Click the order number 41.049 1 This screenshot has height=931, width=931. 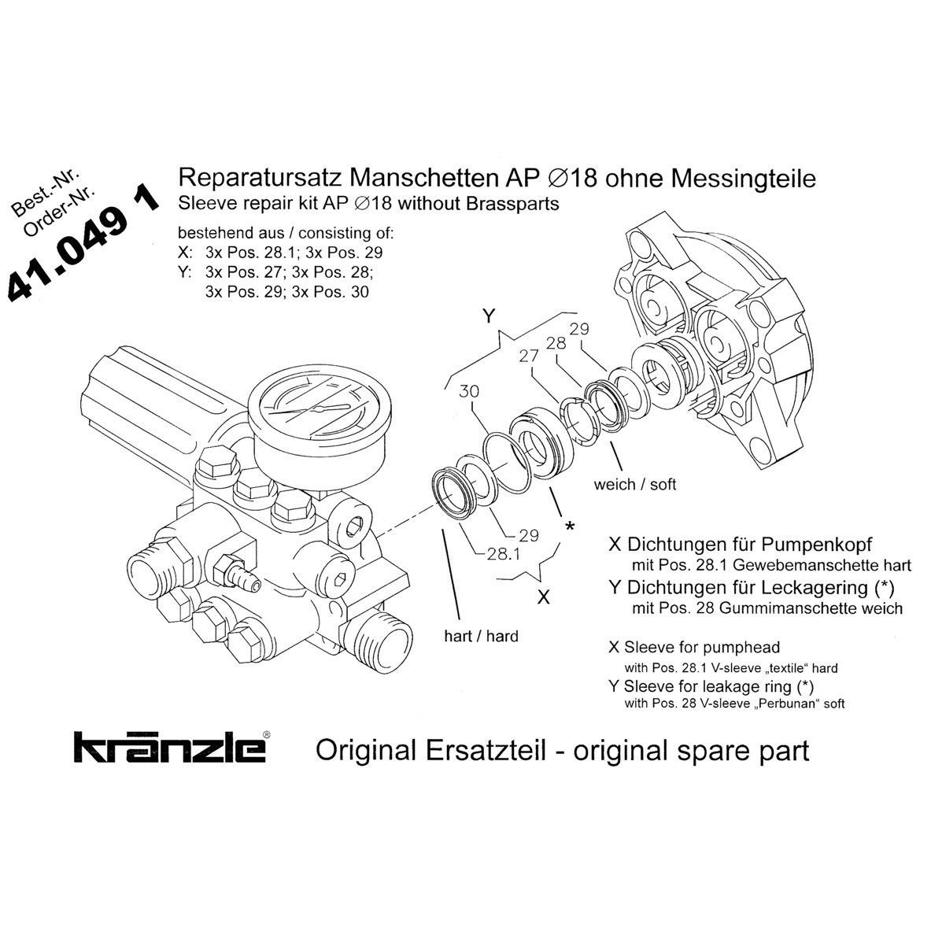click(x=83, y=245)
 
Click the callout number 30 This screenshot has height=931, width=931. click(x=469, y=391)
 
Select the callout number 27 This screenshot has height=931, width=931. click(x=528, y=356)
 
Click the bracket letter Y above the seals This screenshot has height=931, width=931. click(x=488, y=316)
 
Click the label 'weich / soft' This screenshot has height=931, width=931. click(x=635, y=484)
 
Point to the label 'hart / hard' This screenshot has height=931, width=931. click(x=480, y=635)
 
